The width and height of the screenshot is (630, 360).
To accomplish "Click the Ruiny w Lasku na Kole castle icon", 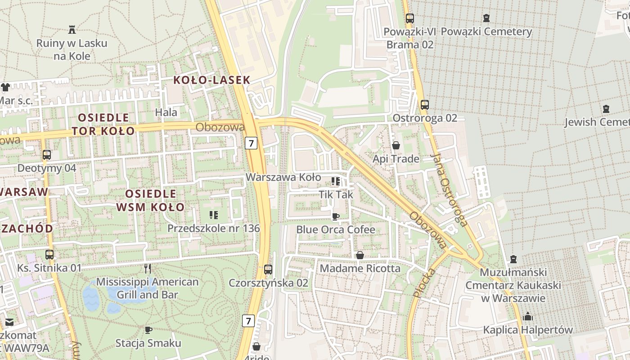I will click(72, 30).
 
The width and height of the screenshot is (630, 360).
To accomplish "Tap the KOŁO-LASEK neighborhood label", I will click(211, 81).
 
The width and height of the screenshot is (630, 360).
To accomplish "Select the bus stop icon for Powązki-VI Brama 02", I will click(409, 18).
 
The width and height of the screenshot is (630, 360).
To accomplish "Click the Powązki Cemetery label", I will click(486, 32).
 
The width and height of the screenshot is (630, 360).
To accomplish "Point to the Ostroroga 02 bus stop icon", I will click(424, 105).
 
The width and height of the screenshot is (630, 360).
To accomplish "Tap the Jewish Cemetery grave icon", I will click(606, 109).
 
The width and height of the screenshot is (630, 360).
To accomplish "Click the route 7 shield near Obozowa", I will click(251, 143).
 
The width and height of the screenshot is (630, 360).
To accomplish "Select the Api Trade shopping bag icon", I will click(396, 145).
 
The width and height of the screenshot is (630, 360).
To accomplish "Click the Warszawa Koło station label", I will click(283, 177).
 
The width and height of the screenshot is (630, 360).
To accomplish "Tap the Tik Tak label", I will click(336, 195).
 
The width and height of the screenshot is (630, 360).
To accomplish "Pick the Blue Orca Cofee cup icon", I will click(335, 216).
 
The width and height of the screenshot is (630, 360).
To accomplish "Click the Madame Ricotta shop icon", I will click(360, 256).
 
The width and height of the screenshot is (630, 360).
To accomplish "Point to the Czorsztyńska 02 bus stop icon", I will click(268, 270).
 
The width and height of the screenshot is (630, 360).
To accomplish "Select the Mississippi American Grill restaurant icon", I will click(147, 269).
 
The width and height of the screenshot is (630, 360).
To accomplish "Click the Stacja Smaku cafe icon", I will click(148, 330).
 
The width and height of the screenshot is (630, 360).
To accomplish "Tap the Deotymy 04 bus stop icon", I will click(46, 155).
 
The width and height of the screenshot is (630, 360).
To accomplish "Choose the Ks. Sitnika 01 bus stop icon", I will click(49, 255).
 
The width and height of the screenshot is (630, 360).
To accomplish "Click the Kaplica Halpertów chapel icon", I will click(528, 316).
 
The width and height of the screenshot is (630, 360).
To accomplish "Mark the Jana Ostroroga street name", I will click(448, 189).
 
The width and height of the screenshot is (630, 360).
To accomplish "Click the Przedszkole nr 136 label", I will click(213, 228).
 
